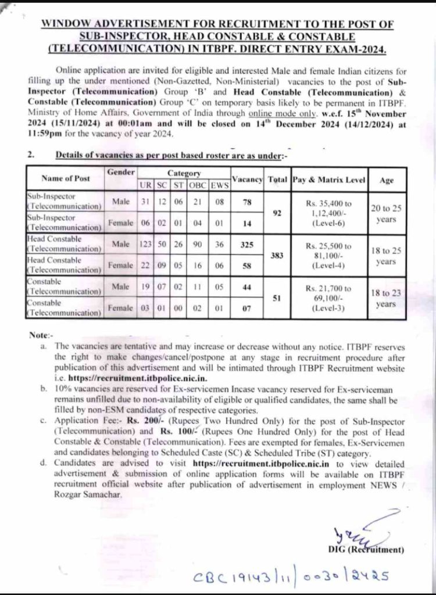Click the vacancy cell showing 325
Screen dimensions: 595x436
click(246, 245)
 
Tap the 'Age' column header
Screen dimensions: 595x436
click(386, 181)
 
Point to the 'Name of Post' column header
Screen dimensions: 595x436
click(64, 179)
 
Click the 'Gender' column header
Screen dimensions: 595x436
click(121, 173)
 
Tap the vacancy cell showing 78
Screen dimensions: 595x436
click(246, 202)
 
